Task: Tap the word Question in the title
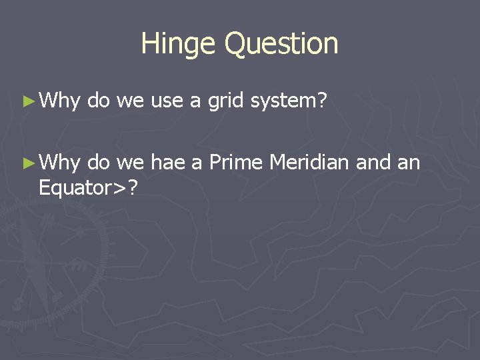pos(281,45)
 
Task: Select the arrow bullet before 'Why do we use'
pos(27,101)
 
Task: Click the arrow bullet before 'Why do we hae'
pos(27,163)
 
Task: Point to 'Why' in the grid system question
pos(60,101)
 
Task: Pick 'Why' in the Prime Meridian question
pos(60,163)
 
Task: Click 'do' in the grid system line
pos(99,101)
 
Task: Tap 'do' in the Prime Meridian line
pos(99,163)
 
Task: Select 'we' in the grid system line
pos(130,101)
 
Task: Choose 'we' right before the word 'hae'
pos(130,163)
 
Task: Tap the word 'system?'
pos(289,101)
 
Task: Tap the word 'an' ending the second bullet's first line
pos(408,163)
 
